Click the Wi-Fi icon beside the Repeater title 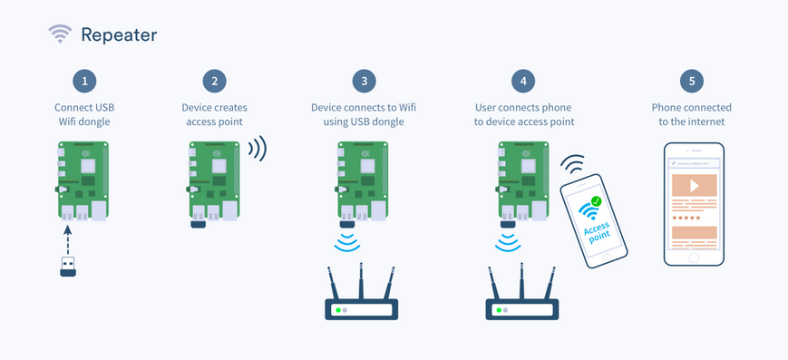(x=60, y=34)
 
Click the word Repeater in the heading (x=119, y=34)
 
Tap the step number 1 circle (x=84, y=81)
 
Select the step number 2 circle (x=215, y=81)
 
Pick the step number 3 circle (x=364, y=81)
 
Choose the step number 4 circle (x=523, y=81)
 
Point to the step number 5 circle (x=692, y=81)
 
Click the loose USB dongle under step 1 (x=68, y=267)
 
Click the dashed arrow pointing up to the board (x=68, y=239)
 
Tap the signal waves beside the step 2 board (x=258, y=149)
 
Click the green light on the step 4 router (x=499, y=310)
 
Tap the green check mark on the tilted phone (x=596, y=201)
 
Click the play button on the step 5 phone (x=694, y=186)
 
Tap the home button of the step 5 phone (x=694, y=258)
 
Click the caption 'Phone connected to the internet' (x=692, y=114)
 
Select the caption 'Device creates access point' (x=215, y=114)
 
